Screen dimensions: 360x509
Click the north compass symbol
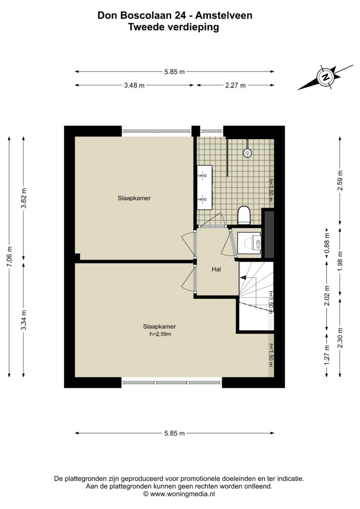(325, 77)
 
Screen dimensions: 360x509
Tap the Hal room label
(216, 269)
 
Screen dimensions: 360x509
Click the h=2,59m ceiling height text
(160, 334)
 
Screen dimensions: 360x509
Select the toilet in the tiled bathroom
(244, 215)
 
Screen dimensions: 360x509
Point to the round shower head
(248, 152)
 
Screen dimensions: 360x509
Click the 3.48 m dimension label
(134, 85)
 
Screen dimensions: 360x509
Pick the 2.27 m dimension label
(235, 85)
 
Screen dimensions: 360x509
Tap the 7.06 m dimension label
(9, 256)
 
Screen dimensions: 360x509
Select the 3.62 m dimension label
(24, 198)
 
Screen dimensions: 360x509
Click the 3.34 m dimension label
(24, 320)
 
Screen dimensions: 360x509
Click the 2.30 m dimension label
(340, 338)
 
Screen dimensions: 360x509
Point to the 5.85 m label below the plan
(175, 433)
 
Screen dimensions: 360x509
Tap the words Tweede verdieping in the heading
(174, 27)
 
